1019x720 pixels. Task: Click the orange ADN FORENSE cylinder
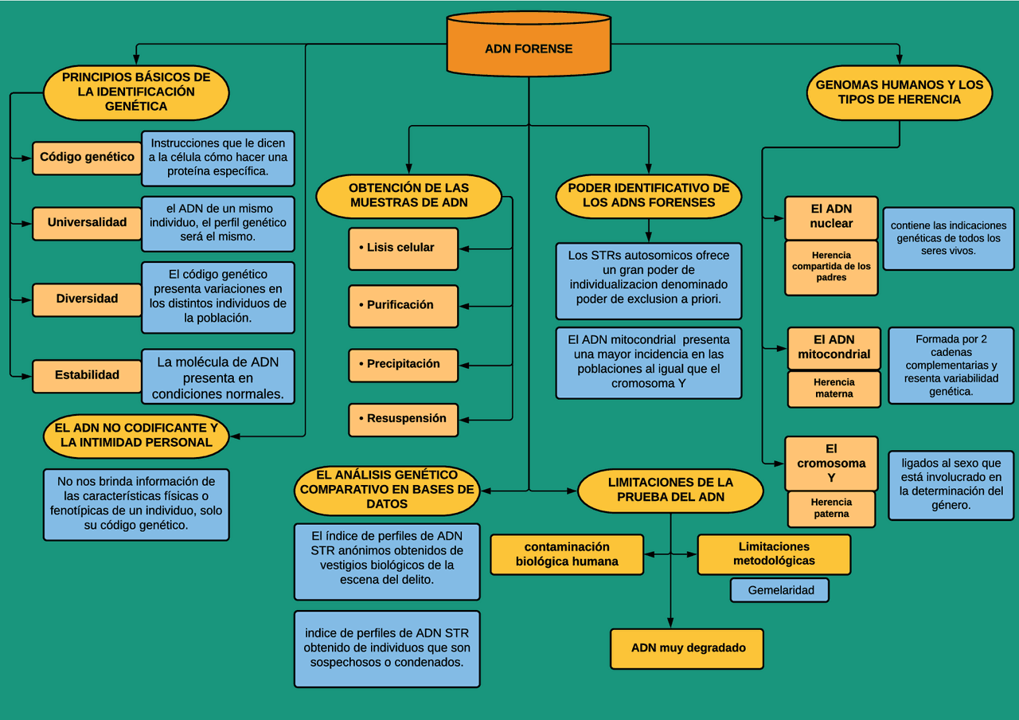529,48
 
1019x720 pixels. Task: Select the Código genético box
87,158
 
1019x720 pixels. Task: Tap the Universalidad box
87,223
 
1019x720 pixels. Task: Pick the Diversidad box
87,299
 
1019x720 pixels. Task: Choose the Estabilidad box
87,375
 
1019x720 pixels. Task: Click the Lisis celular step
403,248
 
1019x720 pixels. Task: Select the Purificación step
403,306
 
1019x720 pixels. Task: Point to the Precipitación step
403,364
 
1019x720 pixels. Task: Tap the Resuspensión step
403,419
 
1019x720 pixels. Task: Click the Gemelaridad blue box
779,590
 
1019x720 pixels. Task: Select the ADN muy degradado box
687,648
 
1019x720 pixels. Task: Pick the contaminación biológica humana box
566,554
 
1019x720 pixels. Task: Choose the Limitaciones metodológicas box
773,554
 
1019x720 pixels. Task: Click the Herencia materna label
834,389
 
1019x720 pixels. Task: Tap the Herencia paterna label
831,508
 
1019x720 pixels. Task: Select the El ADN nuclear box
831,217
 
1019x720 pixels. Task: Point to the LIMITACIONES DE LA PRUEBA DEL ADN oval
670,490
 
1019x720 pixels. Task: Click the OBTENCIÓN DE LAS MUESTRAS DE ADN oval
408,196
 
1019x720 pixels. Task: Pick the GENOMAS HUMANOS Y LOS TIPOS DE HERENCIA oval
899,92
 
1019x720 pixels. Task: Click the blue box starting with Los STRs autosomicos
648,281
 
